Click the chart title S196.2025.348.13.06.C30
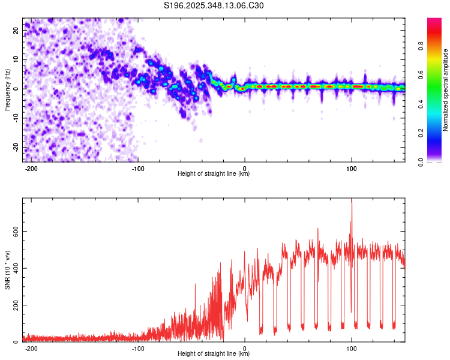214,6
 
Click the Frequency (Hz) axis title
8,89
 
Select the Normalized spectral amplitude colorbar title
446,90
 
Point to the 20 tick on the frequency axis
17,30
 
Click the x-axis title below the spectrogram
214,174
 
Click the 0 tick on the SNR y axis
17,341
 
